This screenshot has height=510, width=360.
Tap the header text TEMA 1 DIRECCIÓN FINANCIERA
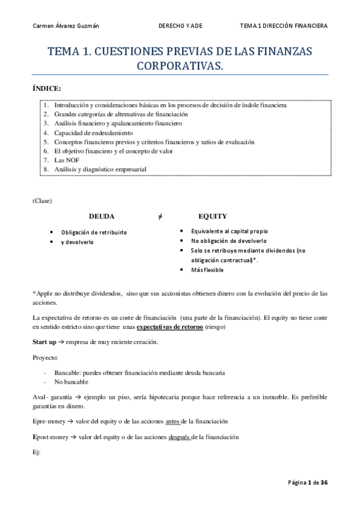pos(283,26)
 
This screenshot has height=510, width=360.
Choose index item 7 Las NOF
pos(63,160)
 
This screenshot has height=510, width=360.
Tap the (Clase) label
pos(42,200)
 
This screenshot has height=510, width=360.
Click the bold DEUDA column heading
pos(102,216)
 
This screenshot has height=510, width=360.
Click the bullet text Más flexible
pos(207,270)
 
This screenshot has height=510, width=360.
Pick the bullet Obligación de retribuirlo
pos(94,232)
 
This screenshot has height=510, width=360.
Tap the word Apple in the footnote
pos(44,293)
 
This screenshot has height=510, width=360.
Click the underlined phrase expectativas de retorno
pos(169,327)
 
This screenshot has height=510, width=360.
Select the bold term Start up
pos(44,342)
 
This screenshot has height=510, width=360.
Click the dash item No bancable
pos(71,382)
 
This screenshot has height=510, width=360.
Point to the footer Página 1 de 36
pos(308,482)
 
